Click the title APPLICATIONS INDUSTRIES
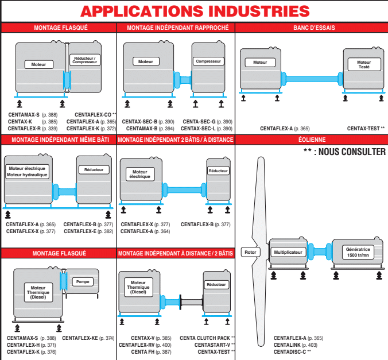pyautogui.click(x=194, y=11)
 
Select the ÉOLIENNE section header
pyautogui.click(x=311, y=139)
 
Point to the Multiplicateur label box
pyautogui.click(x=288, y=252)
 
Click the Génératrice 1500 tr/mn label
pyautogui.click(x=358, y=252)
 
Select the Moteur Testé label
pyautogui.click(x=364, y=65)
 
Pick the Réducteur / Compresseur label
pyautogui.click(x=85, y=60)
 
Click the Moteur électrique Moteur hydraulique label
pyautogui.click(x=27, y=171)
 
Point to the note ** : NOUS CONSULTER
pyautogui.click(x=344, y=152)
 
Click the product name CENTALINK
pyautogui.click(x=288, y=344)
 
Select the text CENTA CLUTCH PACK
pyautogui.click(x=205, y=338)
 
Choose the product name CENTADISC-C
pyautogui.click(x=290, y=351)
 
